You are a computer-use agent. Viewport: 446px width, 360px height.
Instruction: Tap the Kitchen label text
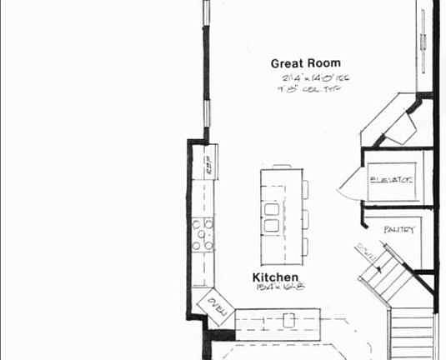point(275,277)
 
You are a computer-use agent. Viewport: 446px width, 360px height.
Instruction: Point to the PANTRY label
point(399,229)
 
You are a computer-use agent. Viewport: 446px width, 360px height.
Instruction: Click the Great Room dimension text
point(315,78)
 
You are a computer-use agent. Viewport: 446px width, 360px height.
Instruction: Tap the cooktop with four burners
point(203,234)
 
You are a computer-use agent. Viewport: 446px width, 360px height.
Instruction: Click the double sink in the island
point(272,215)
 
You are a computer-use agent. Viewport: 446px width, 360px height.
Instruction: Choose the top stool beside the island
point(306,189)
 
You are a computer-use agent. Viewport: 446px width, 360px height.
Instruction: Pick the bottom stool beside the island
point(306,247)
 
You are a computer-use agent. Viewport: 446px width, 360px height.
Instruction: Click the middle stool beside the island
point(306,218)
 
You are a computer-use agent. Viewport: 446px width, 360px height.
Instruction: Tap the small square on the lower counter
point(289,319)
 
